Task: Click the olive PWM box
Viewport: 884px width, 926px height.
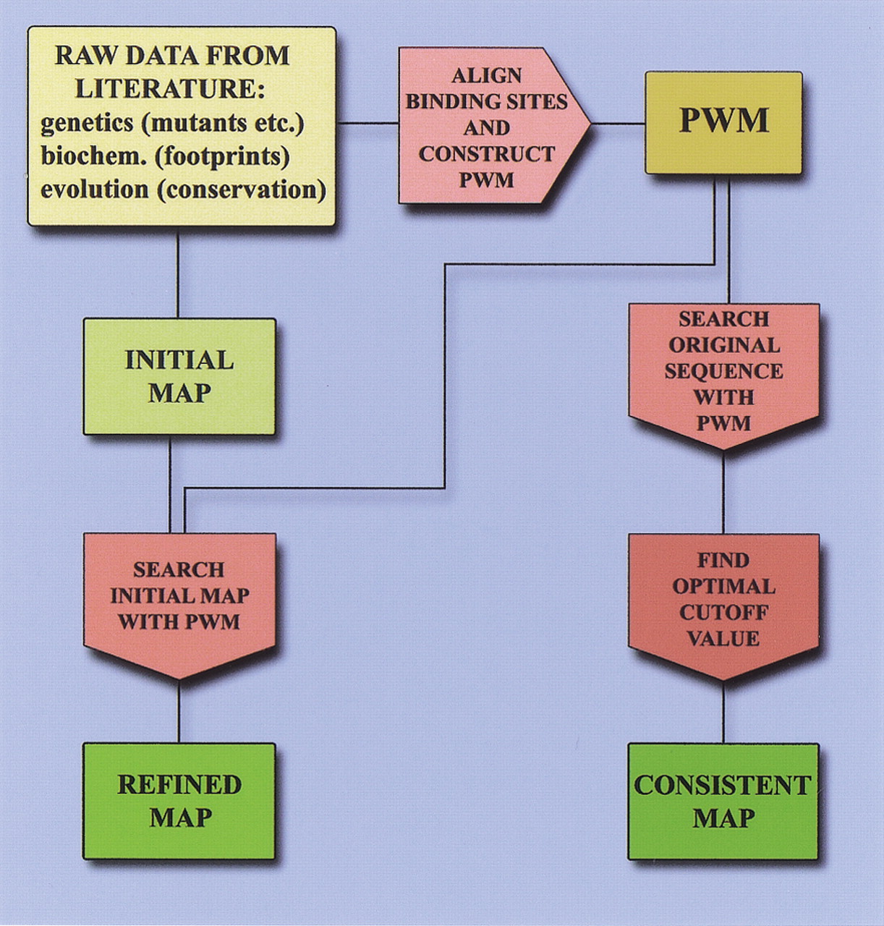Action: point(723,122)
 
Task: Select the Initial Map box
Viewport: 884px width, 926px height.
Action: point(179,376)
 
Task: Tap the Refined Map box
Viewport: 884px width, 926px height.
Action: point(179,801)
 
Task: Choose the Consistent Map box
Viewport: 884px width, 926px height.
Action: point(723,801)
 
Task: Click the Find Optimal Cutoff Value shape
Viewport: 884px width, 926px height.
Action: point(723,600)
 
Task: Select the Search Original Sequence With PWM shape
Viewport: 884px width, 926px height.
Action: point(723,371)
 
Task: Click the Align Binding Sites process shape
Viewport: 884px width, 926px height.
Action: point(487,127)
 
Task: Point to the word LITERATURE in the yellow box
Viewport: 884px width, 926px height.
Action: point(166,89)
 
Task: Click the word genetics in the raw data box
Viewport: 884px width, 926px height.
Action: point(87,123)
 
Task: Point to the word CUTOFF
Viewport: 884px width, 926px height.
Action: point(723,613)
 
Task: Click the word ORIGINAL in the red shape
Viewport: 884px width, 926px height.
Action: point(723,345)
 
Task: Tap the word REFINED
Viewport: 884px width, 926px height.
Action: point(179,785)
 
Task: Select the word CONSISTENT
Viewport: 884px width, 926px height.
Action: point(723,786)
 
